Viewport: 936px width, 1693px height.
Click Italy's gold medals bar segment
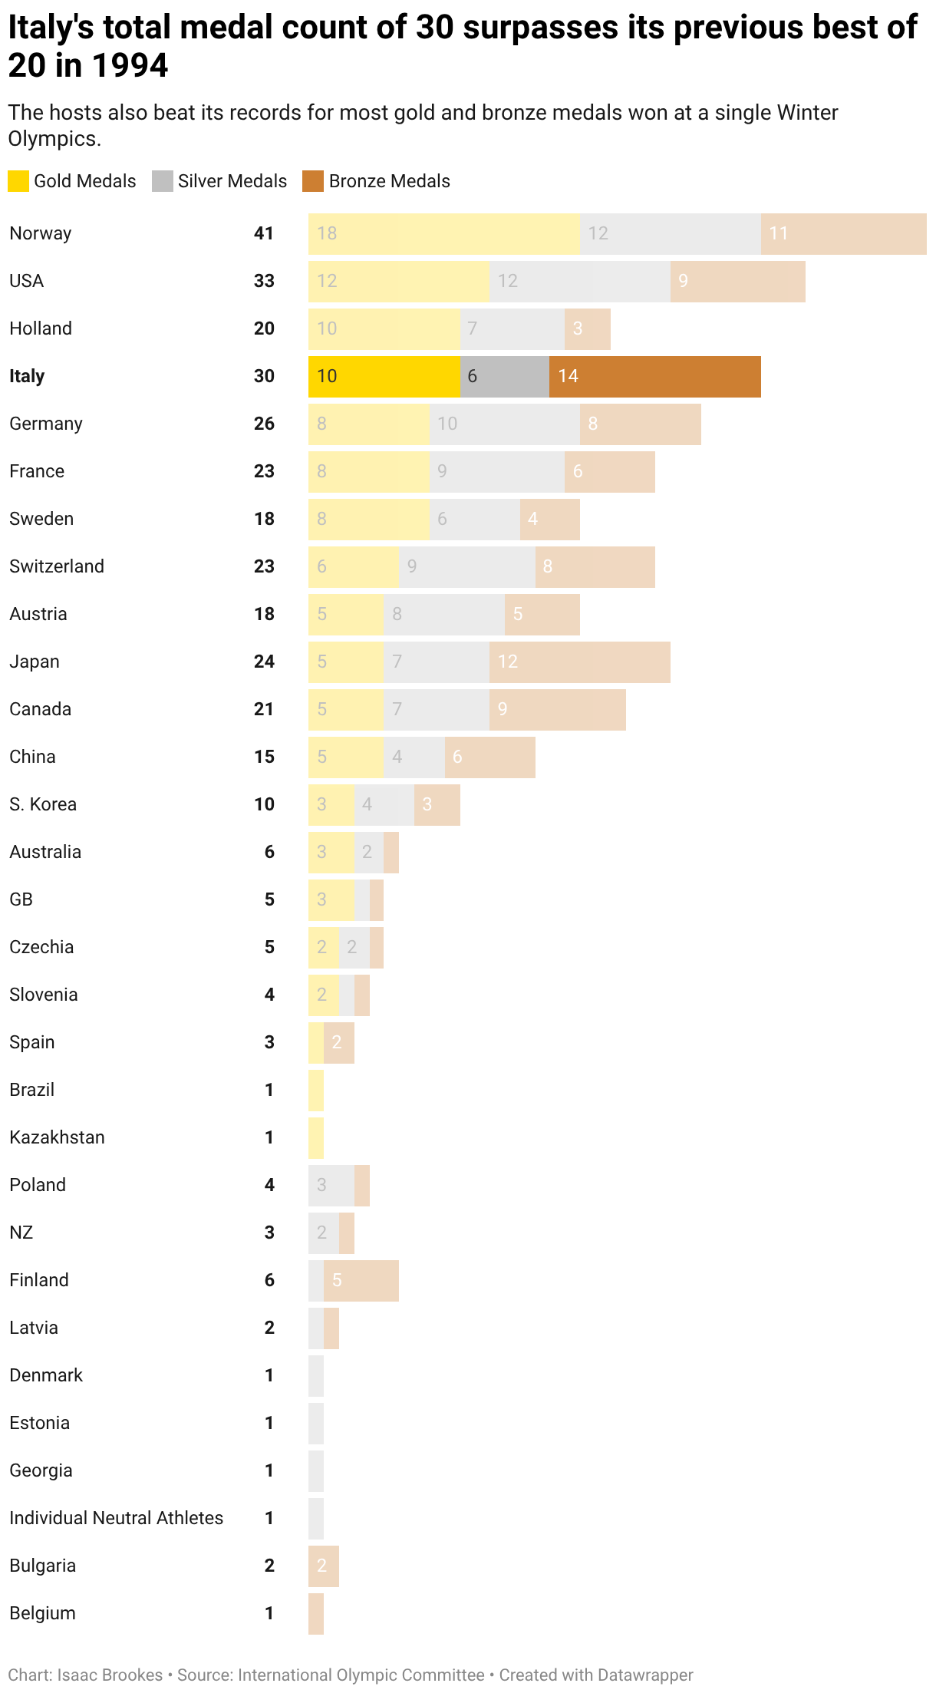[384, 377]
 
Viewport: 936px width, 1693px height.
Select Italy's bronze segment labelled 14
[654, 377]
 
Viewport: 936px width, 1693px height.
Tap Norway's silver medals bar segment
[670, 234]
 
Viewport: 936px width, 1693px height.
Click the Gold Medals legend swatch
[18, 181]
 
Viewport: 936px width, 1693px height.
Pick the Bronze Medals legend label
[389, 181]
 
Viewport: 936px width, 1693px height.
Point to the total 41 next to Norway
[264, 233]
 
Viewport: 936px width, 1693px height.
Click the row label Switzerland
[57, 566]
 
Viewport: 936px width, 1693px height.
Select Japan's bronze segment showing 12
[579, 662]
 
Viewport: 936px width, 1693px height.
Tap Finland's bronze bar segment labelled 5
[361, 1281]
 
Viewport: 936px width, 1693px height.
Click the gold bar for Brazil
[316, 1091]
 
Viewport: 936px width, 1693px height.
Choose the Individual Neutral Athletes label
[116, 1518]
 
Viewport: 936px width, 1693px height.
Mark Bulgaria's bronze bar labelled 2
[323, 1566]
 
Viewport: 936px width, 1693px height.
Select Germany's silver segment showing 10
[504, 424]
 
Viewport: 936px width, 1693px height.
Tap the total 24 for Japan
[264, 662]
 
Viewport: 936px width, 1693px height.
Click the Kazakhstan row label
[57, 1137]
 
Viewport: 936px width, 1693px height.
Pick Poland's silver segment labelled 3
[331, 1186]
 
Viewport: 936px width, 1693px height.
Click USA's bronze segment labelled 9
[737, 282]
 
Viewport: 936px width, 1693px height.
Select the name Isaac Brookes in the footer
[110, 1675]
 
